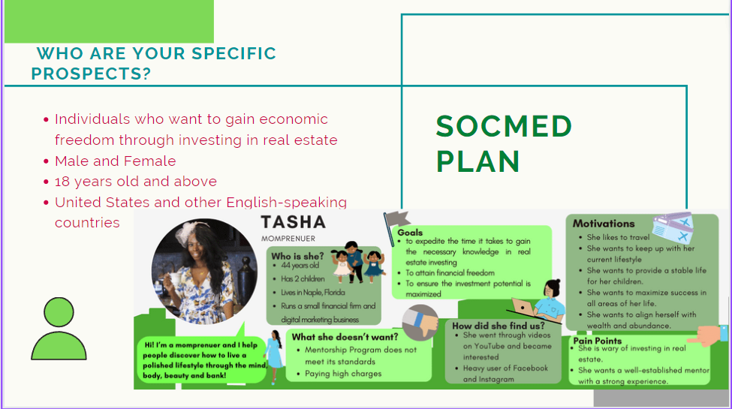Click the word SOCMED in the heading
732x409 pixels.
504,127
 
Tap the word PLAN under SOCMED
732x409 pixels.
477,161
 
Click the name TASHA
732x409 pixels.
293,222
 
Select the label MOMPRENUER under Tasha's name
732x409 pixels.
288,239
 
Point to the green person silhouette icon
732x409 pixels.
59,329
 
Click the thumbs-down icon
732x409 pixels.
420,323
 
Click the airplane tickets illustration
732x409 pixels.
673,227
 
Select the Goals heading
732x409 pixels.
410,233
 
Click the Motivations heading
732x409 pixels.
604,224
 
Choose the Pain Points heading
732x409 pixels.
597,341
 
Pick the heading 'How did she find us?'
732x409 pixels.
498,326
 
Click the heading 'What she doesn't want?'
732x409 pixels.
345,337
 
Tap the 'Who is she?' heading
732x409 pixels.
297,257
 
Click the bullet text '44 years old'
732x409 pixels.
300,265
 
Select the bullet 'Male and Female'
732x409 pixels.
116,161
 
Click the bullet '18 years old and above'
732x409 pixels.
136,182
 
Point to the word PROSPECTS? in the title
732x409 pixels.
91,74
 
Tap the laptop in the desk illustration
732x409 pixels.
523,307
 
